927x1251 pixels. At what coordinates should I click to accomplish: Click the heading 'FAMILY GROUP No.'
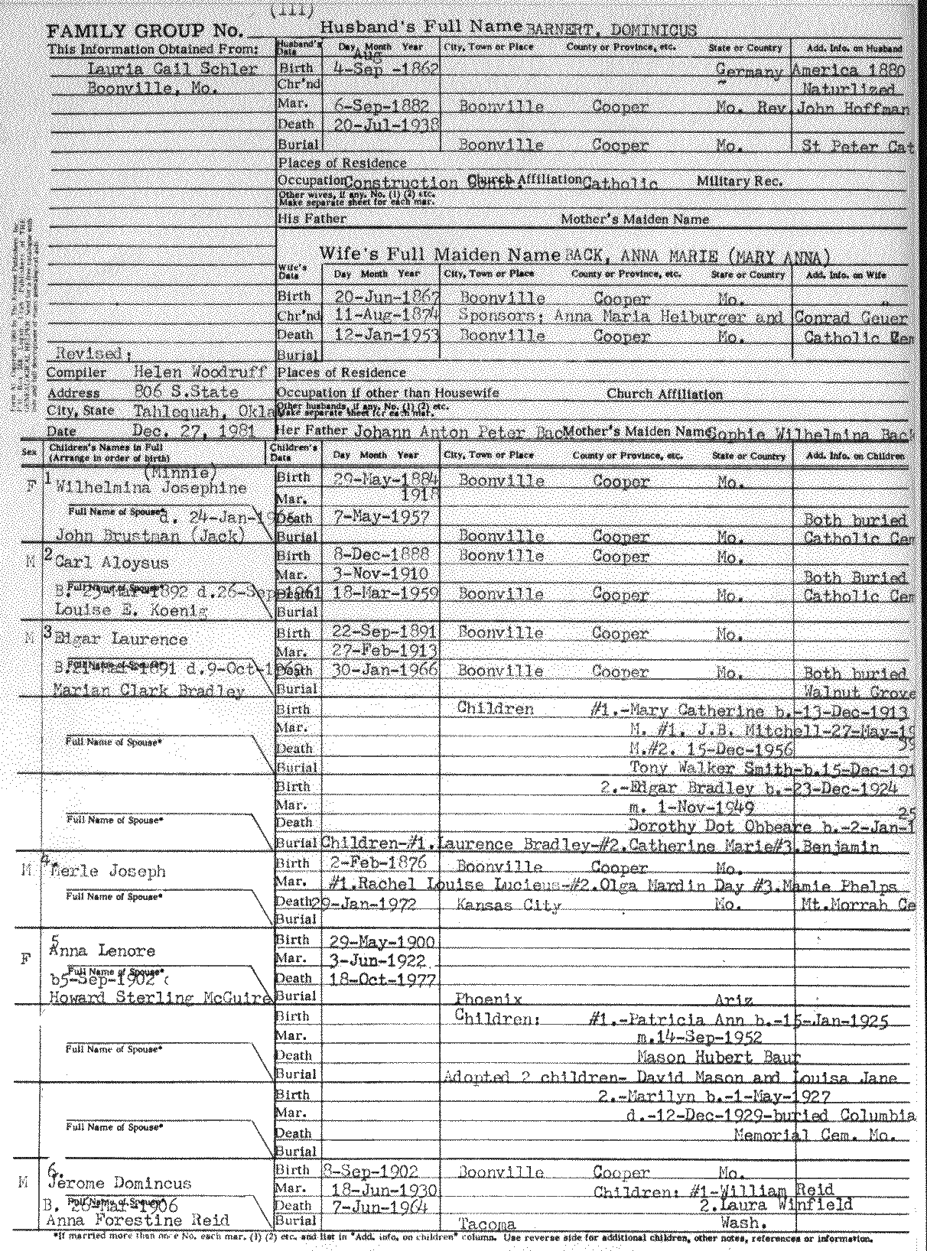tap(145, 32)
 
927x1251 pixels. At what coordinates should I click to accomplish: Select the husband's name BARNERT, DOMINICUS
tap(611, 30)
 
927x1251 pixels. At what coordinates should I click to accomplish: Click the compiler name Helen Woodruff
tap(198, 373)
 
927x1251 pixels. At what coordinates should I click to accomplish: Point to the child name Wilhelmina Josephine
tap(151, 489)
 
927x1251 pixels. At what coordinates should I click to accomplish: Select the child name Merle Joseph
tap(107, 871)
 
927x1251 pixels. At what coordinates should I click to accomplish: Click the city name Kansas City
tap(509, 905)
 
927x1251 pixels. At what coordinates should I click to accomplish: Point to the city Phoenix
tap(489, 999)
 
